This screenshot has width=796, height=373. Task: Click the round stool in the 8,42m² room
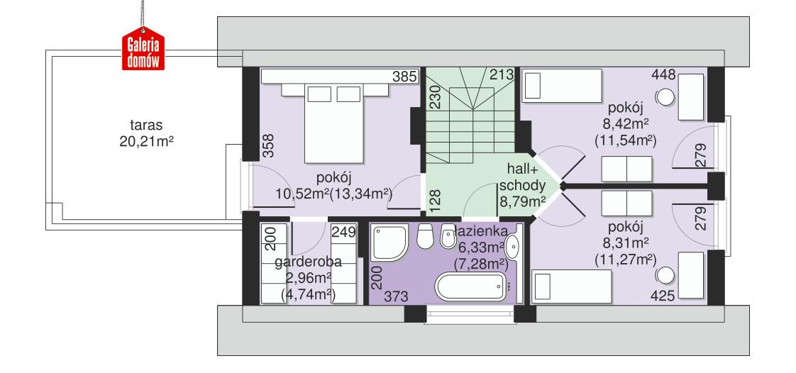click(665, 97)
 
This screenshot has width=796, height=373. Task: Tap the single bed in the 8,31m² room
click(572, 288)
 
